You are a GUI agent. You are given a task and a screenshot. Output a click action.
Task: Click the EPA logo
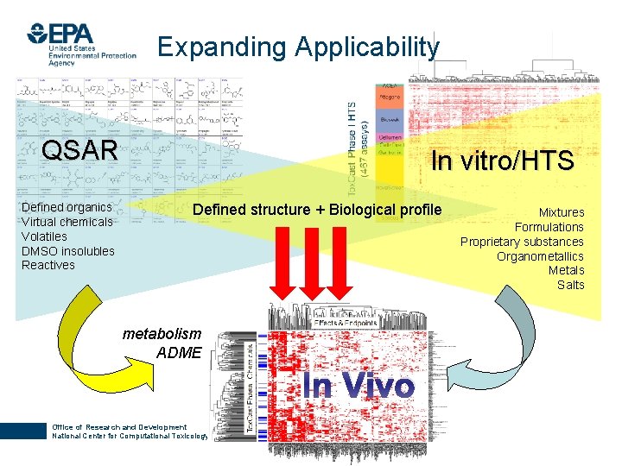coord(81,43)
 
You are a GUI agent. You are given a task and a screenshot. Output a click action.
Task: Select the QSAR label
coord(79,150)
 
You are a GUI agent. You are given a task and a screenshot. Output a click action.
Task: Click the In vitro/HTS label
coord(502,161)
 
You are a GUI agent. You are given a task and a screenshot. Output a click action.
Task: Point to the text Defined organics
coord(67,207)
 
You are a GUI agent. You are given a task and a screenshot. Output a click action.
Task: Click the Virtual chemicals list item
coord(67,222)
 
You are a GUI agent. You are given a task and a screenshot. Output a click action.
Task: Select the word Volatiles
coord(44,236)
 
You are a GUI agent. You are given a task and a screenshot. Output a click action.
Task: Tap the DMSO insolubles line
coord(67,250)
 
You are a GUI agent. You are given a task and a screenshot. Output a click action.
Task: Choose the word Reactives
coord(48,265)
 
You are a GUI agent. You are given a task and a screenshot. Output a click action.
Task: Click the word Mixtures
coord(562,212)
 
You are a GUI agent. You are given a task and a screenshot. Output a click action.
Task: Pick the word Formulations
coord(549,227)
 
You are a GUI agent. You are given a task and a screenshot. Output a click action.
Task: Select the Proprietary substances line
coord(522,242)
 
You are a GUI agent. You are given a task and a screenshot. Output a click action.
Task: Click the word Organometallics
coord(540,256)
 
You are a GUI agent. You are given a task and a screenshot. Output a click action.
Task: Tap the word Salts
coord(570,285)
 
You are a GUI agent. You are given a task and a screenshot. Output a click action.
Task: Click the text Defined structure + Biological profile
coord(316,210)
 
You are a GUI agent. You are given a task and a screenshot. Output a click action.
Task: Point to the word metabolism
coord(162,333)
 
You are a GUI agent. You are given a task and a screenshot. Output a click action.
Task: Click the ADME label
coord(179,352)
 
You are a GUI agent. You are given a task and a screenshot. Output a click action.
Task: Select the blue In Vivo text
coord(359,386)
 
